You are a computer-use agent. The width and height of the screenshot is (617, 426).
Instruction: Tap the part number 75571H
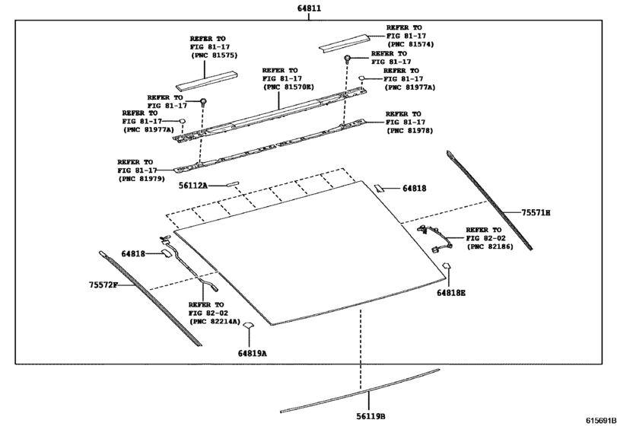(536, 212)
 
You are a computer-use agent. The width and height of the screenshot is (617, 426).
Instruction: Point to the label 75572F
(103, 285)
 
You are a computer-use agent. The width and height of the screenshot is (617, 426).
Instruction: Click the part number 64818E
(451, 292)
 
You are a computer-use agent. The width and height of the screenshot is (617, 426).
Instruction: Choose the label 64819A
(252, 353)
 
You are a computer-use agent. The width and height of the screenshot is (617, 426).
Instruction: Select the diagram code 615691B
(600, 420)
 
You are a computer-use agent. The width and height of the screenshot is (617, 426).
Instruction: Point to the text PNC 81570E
(290, 87)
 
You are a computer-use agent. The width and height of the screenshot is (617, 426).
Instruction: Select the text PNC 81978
(410, 131)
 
